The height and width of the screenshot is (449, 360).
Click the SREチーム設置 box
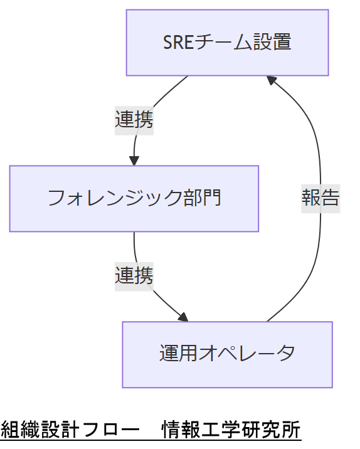(227, 43)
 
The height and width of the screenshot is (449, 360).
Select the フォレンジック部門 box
(134, 199)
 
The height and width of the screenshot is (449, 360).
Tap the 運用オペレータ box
(227, 354)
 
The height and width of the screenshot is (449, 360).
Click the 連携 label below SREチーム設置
(134, 119)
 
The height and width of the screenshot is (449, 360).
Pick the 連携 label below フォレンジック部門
(134, 275)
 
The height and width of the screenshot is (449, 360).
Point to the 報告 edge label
(320, 198)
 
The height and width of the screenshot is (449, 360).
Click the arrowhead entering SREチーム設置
(270, 80)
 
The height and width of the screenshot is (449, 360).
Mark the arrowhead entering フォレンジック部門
(134, 161)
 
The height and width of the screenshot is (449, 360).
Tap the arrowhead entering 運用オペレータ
(183, 317)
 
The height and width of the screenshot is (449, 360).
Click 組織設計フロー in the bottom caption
(70, 431)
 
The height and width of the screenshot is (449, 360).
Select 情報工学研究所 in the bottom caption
(231, 431)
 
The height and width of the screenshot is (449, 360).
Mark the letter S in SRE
(167, 43)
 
